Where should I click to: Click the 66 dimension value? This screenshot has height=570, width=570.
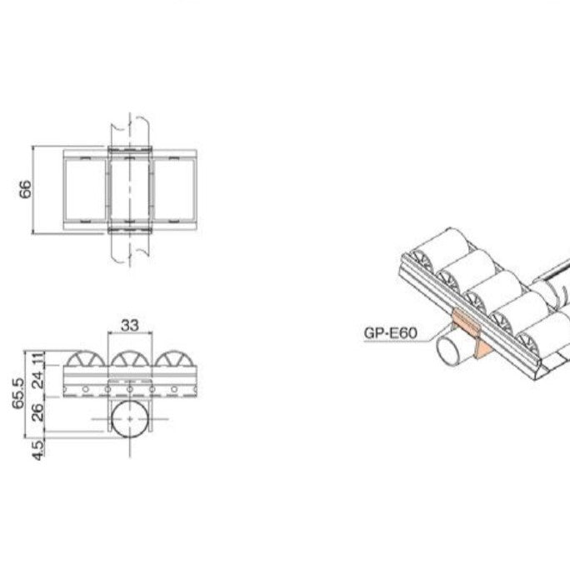pyautogui.click(x=25, y=190)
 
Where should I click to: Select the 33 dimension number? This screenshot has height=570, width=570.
pyautogui.click(x=129, y=326)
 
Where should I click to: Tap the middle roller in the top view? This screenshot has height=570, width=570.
pyautogui.click(x=130, y=191)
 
